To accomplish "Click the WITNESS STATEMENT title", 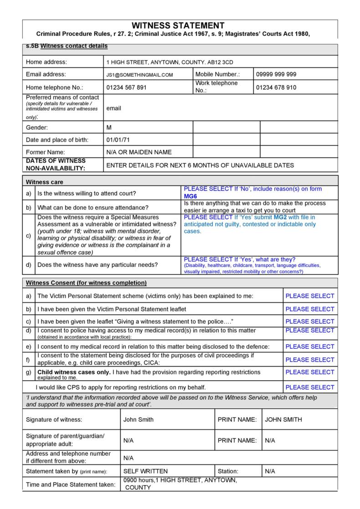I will pos(178,25).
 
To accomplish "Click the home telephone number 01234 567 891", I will pos(126,87).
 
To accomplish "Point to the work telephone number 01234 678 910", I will pos(276,87).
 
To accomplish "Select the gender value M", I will pos(109,127).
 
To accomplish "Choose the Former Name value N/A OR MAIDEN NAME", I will pos(139,152).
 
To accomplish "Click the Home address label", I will pos(46,62).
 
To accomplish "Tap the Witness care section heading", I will pos(44,182).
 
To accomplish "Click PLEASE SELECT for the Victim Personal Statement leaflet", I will pos(310,309).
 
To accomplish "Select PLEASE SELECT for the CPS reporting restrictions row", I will pos(310,387).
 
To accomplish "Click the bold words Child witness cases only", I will pos(74,372).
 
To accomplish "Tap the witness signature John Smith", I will pos(139,420).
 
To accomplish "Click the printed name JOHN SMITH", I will pos(283,420).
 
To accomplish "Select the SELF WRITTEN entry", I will pos(145,471).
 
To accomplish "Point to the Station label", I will pos(228,471).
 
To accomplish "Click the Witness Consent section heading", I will pos(86,283).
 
